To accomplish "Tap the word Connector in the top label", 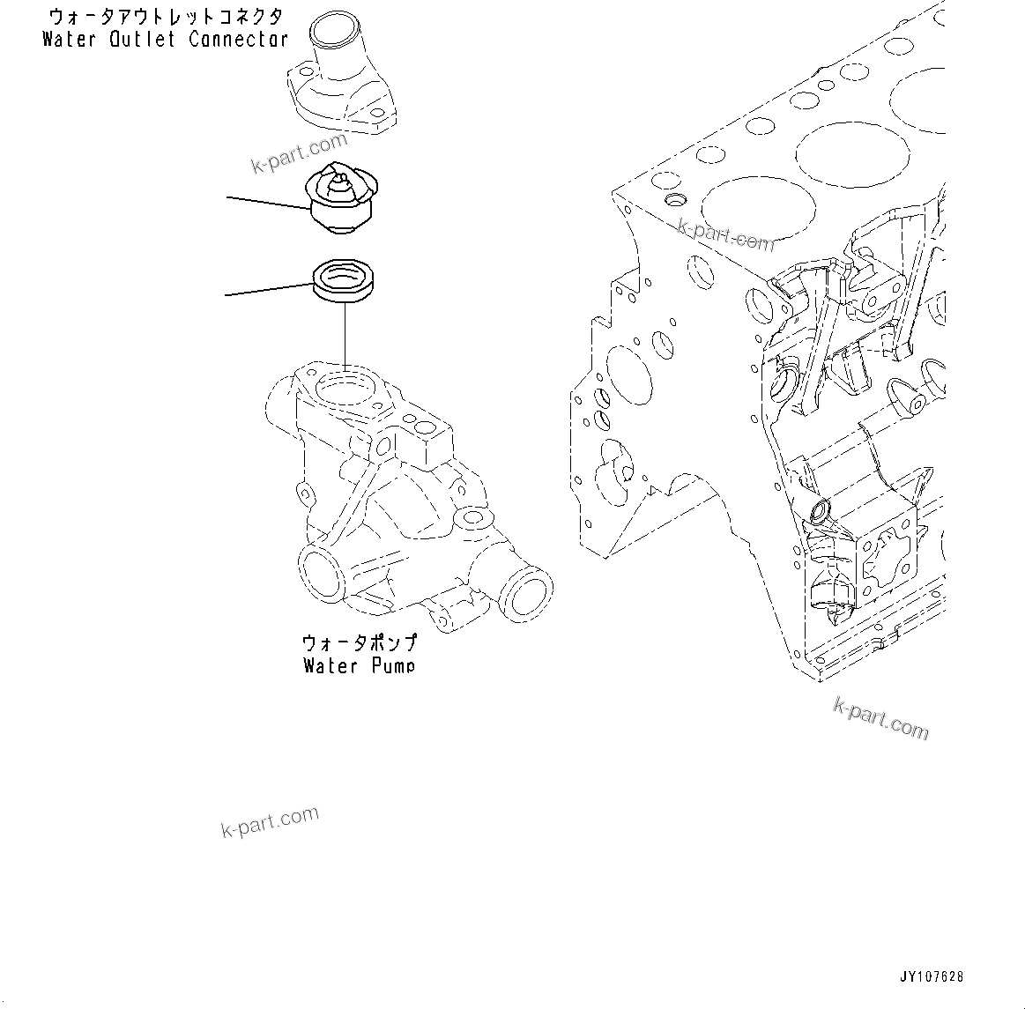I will pyautogui.click(x=238, y=40).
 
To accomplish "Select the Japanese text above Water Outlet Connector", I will pyautogui.click(x=165, y=17).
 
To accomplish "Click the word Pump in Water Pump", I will pyautogui.click(x=392, y=665).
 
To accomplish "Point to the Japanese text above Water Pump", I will pyautogui.click(x=359, y=643).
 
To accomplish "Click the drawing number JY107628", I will pyautogui.click(x=932, y=976).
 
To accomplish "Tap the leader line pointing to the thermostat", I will pyautogui.click(x=269, y=204).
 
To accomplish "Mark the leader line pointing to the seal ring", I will pyautogui.click(x=269, y=289).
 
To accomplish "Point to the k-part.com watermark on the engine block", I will pyautogui.click(x=725, y=234).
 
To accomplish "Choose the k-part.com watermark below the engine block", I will pyautogui.click(x=880, y=718).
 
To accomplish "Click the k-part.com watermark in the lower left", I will pyautogui.click(x=269, y=821).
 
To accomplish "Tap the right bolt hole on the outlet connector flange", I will pyautogui.click(x=382, y=113).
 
